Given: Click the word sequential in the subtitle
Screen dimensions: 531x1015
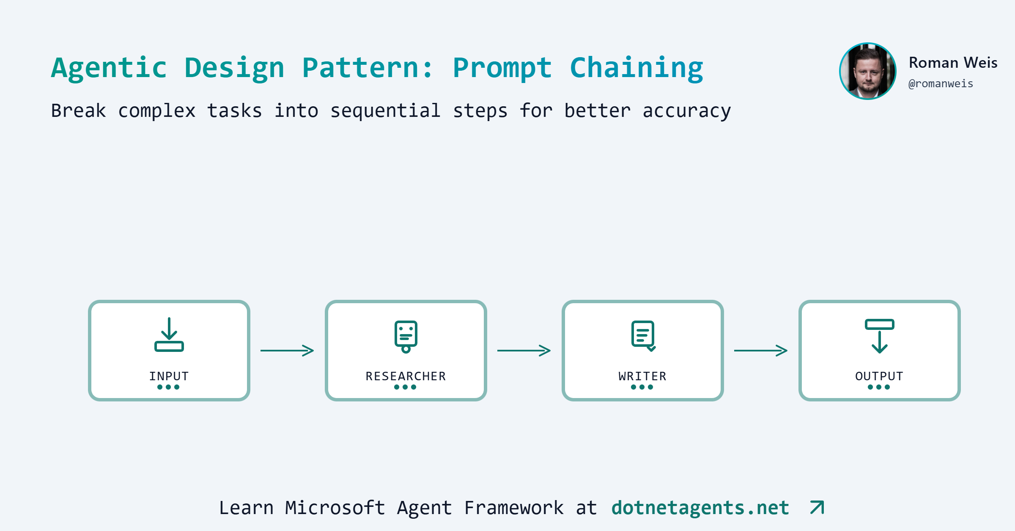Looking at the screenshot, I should tap(385, 111).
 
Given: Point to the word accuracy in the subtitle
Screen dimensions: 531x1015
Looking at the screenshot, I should tap(686, 111).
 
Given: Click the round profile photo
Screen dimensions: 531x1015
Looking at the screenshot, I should tap(867, 71).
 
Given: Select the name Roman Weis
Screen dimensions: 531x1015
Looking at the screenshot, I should tap(953, 63).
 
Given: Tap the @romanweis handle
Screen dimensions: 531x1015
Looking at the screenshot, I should tap(941, 84).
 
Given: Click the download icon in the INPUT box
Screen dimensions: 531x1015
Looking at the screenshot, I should tap(169, 335).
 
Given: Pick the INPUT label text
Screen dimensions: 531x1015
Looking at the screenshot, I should tap(169, 376).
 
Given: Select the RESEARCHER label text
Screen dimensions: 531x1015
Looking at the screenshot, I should tap(406, 376).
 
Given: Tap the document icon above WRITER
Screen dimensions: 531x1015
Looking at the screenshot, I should tap(643, 336).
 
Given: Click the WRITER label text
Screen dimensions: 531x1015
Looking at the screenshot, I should tap(642, 376).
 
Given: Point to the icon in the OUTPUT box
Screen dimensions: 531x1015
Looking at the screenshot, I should tap(880, 336).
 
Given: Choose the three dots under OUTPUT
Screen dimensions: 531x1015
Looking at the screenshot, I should tap(879, 387).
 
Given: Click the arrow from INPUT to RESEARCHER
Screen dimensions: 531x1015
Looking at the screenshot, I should tap(287, 351).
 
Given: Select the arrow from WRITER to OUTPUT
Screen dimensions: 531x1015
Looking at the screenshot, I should tap(761, 351).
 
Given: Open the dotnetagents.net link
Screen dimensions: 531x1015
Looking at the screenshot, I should tap(700, 508).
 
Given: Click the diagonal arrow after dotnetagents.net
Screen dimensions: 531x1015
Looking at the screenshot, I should tap(817, 507).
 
